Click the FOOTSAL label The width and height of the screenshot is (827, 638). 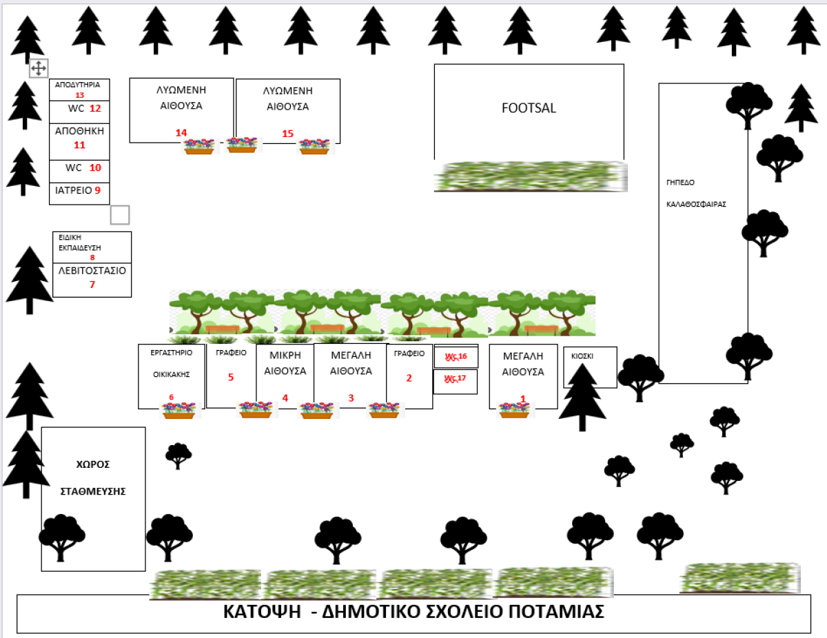click(529, 108)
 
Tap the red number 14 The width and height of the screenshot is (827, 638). click(181, 132)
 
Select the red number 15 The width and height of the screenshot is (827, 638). click(288, 133)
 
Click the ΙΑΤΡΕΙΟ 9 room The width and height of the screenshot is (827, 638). click(79, 191)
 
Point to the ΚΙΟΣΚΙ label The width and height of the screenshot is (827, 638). click(582, 356)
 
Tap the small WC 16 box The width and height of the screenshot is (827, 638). click(455, 357)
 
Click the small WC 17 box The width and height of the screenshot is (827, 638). click(455, 379)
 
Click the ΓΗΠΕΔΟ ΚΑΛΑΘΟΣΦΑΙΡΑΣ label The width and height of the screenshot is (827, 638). click(696, 194)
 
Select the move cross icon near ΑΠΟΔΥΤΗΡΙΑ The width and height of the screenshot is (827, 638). click(39, 68)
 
